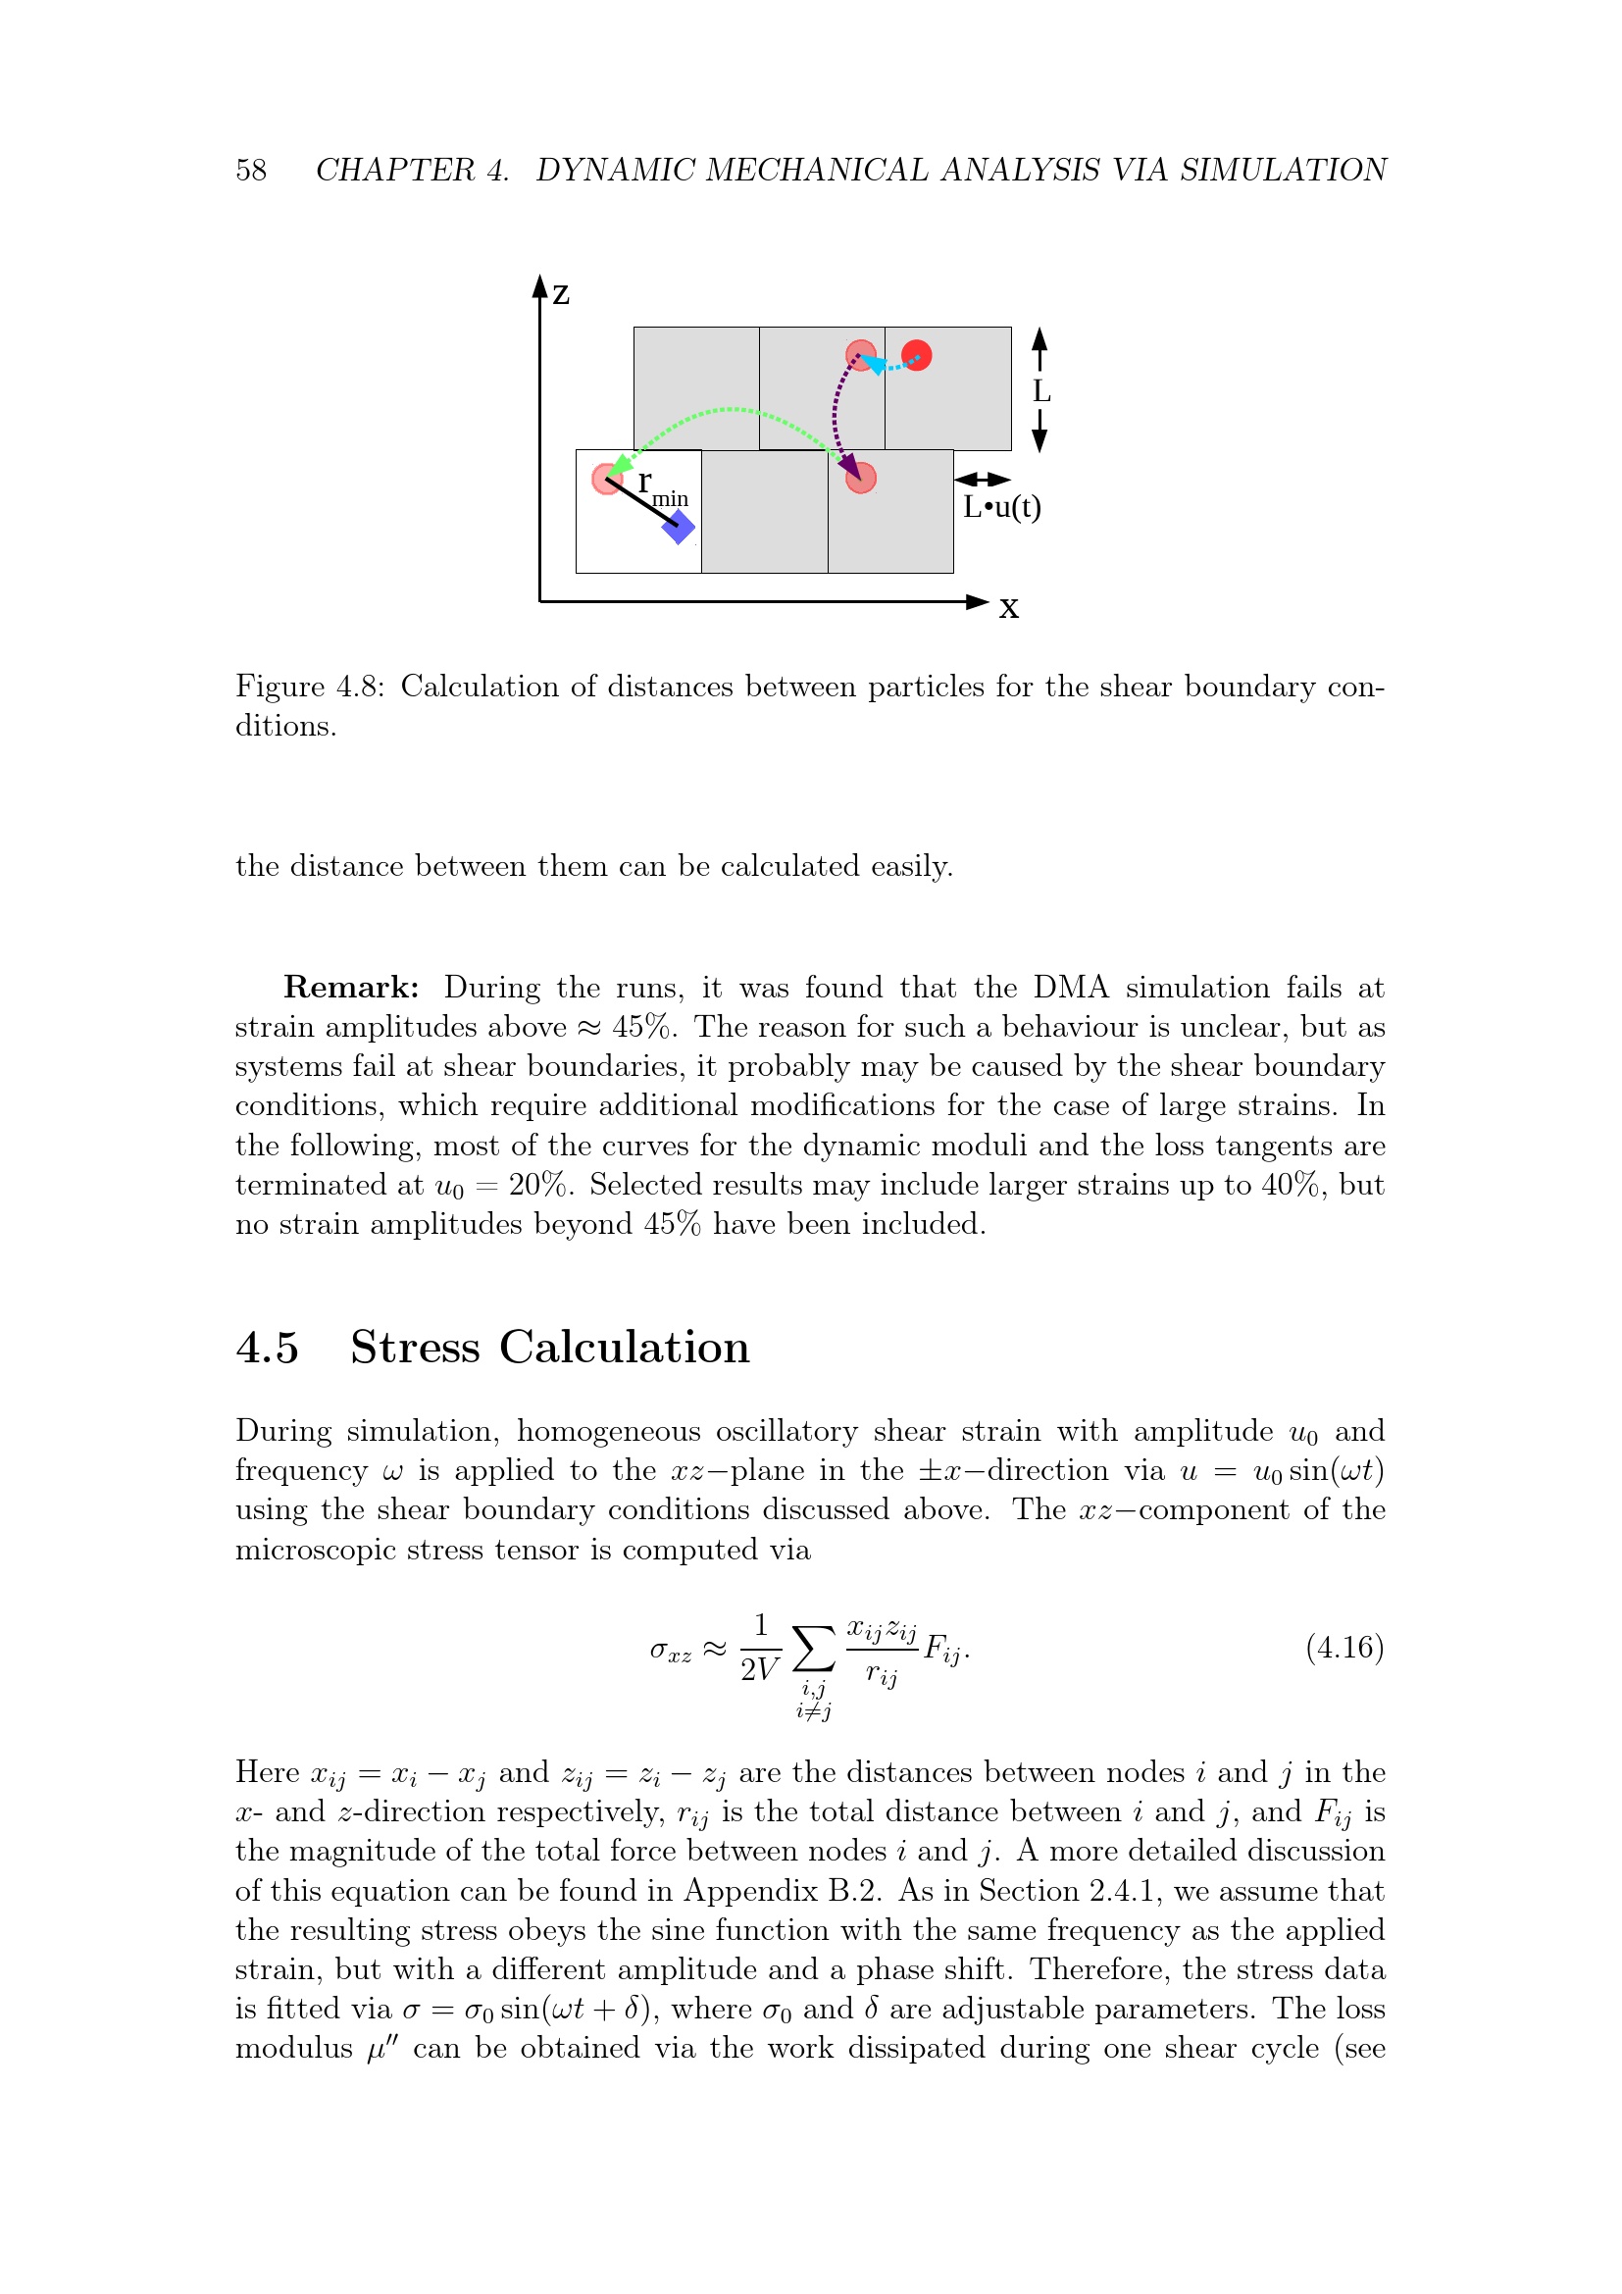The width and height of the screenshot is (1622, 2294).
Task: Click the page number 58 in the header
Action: [x=251, y=170]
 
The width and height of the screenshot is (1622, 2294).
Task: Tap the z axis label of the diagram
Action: [x=561, y=294]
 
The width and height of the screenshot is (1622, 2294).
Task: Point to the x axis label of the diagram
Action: [x=1009, y=607]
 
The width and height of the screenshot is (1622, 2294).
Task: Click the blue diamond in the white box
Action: [x=679, y=527]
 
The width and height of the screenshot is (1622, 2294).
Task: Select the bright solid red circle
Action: [x=916, y=355]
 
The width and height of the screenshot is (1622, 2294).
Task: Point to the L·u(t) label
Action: [x=1001, y=508]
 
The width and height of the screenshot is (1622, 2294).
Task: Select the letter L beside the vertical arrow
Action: [x=1040, y=391]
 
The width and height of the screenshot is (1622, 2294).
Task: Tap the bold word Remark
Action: [x=350, y=988]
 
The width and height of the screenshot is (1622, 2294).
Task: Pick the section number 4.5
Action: [x=267, y=1348]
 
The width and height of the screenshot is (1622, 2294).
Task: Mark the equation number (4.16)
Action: [x=1344, y=1647]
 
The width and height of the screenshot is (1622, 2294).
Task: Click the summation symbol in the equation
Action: [x=813, y=1649]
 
